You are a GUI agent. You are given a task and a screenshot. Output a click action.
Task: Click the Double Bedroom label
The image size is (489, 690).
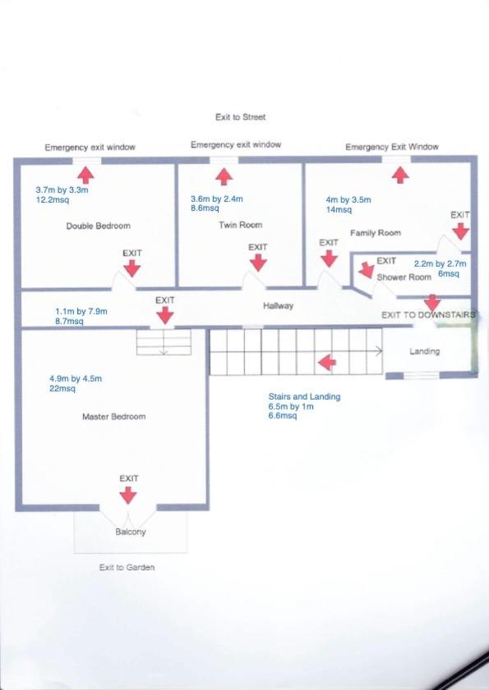tap(99, 226)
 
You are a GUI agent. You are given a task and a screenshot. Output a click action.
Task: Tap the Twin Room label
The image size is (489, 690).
tap(241, 225)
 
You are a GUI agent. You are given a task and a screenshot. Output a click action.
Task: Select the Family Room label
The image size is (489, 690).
tap(376, 233)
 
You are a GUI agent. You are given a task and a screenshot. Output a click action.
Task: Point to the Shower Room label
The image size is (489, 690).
tap(404, 277)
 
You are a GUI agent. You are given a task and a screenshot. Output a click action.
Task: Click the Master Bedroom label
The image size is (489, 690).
tap(113, 416)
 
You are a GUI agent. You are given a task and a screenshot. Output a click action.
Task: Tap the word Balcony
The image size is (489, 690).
tap(131, 532)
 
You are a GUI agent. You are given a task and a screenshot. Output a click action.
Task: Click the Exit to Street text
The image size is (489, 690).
tap(241, 117)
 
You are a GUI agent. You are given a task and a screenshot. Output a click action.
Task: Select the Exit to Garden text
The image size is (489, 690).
tap(127, 567)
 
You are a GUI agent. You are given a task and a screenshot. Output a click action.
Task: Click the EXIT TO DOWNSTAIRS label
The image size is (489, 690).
tap(428, 314)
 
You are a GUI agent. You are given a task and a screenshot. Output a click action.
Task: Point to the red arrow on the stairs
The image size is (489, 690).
tap(327, 363)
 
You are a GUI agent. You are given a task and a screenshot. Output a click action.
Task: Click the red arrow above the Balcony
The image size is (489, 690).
tap(128, 496)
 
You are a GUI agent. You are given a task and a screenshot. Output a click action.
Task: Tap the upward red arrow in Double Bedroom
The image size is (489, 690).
tap(85, 175)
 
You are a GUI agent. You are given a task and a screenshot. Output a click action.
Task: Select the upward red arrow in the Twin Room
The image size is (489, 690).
tap(224, 176)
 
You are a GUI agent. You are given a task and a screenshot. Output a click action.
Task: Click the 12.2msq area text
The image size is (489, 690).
tap(53, 200)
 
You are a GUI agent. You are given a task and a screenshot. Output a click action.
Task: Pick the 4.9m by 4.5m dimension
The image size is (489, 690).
tap(76, 378)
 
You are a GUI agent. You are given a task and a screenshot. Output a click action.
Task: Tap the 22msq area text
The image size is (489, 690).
tap(62, 389)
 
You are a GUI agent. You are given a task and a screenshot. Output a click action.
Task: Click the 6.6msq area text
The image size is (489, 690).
tap(283, 415)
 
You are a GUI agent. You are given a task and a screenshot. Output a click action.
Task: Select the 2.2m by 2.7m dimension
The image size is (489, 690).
tap(440, 264)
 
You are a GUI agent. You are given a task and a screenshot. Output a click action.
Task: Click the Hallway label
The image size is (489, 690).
tap(279, 305)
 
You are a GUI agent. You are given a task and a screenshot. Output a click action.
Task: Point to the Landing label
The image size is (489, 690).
tap(425, 351)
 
